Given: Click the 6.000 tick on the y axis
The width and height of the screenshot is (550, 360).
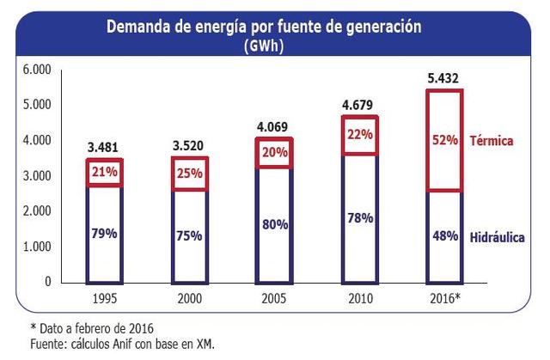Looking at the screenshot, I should point(37,69).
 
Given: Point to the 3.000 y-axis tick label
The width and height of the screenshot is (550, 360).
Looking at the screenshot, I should point(37,175).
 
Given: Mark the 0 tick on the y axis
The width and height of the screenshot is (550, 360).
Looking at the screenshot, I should point(47,282).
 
